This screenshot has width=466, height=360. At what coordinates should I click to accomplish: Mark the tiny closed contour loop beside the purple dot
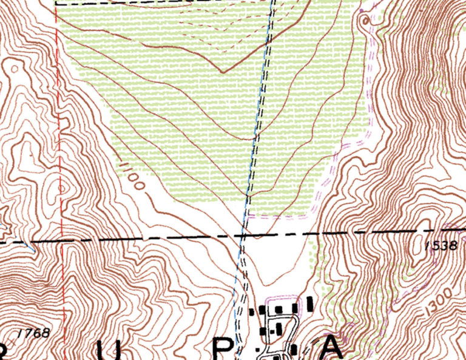point(365,20)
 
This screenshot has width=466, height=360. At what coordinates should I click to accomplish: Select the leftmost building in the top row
point(254,311)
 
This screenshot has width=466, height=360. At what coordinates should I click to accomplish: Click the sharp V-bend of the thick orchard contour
point(223,72)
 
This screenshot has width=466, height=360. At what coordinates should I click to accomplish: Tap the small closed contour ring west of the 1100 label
point(62,189)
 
